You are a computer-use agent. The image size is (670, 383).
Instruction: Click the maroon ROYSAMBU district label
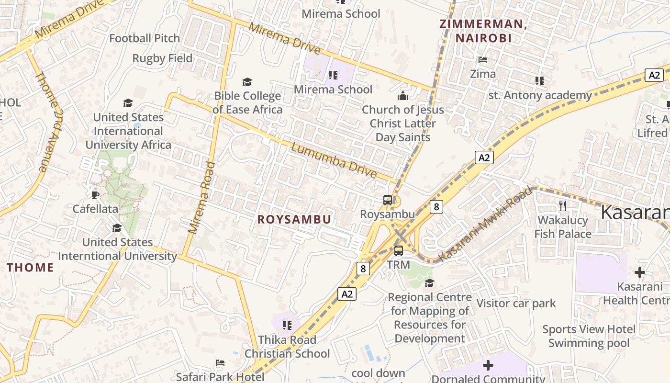tap(294, 219)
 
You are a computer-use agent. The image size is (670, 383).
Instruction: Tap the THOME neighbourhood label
tap(30, 268)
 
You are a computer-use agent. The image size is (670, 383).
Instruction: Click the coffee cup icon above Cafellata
tap(95, 194)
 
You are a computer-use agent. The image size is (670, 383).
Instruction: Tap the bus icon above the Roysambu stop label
tap(388, 200)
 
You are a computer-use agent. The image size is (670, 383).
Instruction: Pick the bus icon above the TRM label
tap(399, 250)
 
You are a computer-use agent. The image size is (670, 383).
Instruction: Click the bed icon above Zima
tap(483, 60)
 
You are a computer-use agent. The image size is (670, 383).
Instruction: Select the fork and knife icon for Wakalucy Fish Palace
tap(563, 206)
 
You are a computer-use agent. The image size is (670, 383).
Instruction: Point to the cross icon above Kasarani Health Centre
tap(639, 272)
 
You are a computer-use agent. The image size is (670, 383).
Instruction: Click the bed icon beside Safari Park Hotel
tap(220, 362)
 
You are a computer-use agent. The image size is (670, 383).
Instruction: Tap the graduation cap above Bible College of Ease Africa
tap(247, 82)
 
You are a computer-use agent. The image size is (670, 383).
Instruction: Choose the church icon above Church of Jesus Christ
tap(403, 96)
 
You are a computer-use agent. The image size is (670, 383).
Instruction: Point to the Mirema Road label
tap(202, 197)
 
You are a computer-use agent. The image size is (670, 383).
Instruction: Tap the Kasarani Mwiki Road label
tap(485, 224)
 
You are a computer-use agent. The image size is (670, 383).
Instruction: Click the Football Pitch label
tap(145, 38)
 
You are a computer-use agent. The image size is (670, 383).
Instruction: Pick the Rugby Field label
tap(162, 58)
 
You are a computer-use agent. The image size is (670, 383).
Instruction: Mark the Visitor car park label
tap(516, 303)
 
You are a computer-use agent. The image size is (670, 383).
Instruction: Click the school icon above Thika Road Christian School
tap(287, 326)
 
